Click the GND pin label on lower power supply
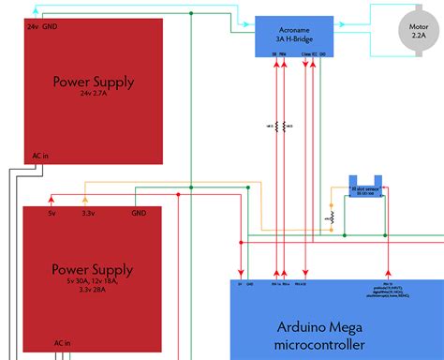tap(138, 214)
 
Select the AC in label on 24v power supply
tap(40, 156)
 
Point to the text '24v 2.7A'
tap(94, 95)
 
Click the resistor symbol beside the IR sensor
tap(330, 217)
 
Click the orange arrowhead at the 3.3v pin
tap(85, 199)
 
